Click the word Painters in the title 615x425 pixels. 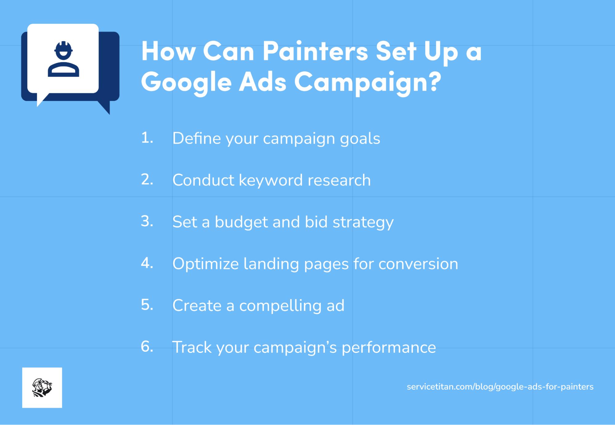coord(315,51)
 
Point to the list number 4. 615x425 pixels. coord(147,263)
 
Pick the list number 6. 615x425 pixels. coord(147,347)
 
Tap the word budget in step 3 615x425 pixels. coord(241,222)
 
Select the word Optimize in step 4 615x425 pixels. coord(205,264)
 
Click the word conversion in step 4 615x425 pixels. coord(418,264)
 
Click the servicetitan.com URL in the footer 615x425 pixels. coord(500,387)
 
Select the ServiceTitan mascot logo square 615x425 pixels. coord(42,387)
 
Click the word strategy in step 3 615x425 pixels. coord(363,222)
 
